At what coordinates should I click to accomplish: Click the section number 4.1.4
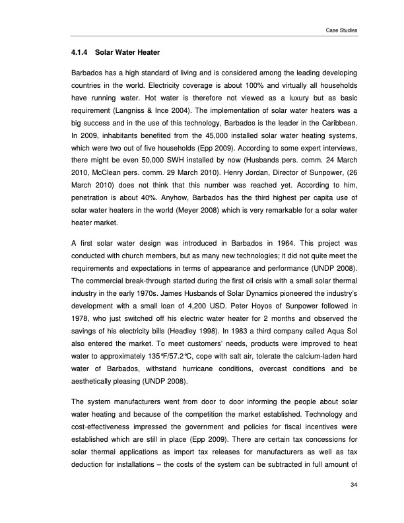(80, 52)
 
